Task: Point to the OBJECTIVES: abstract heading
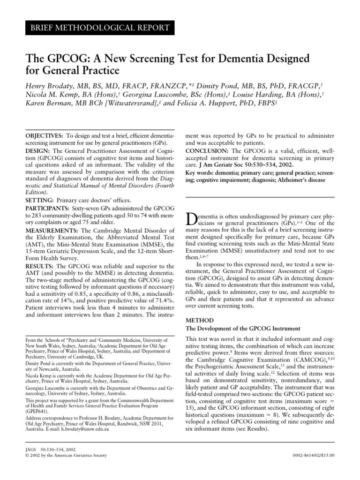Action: pyautogui.click(x=44, y=135)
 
